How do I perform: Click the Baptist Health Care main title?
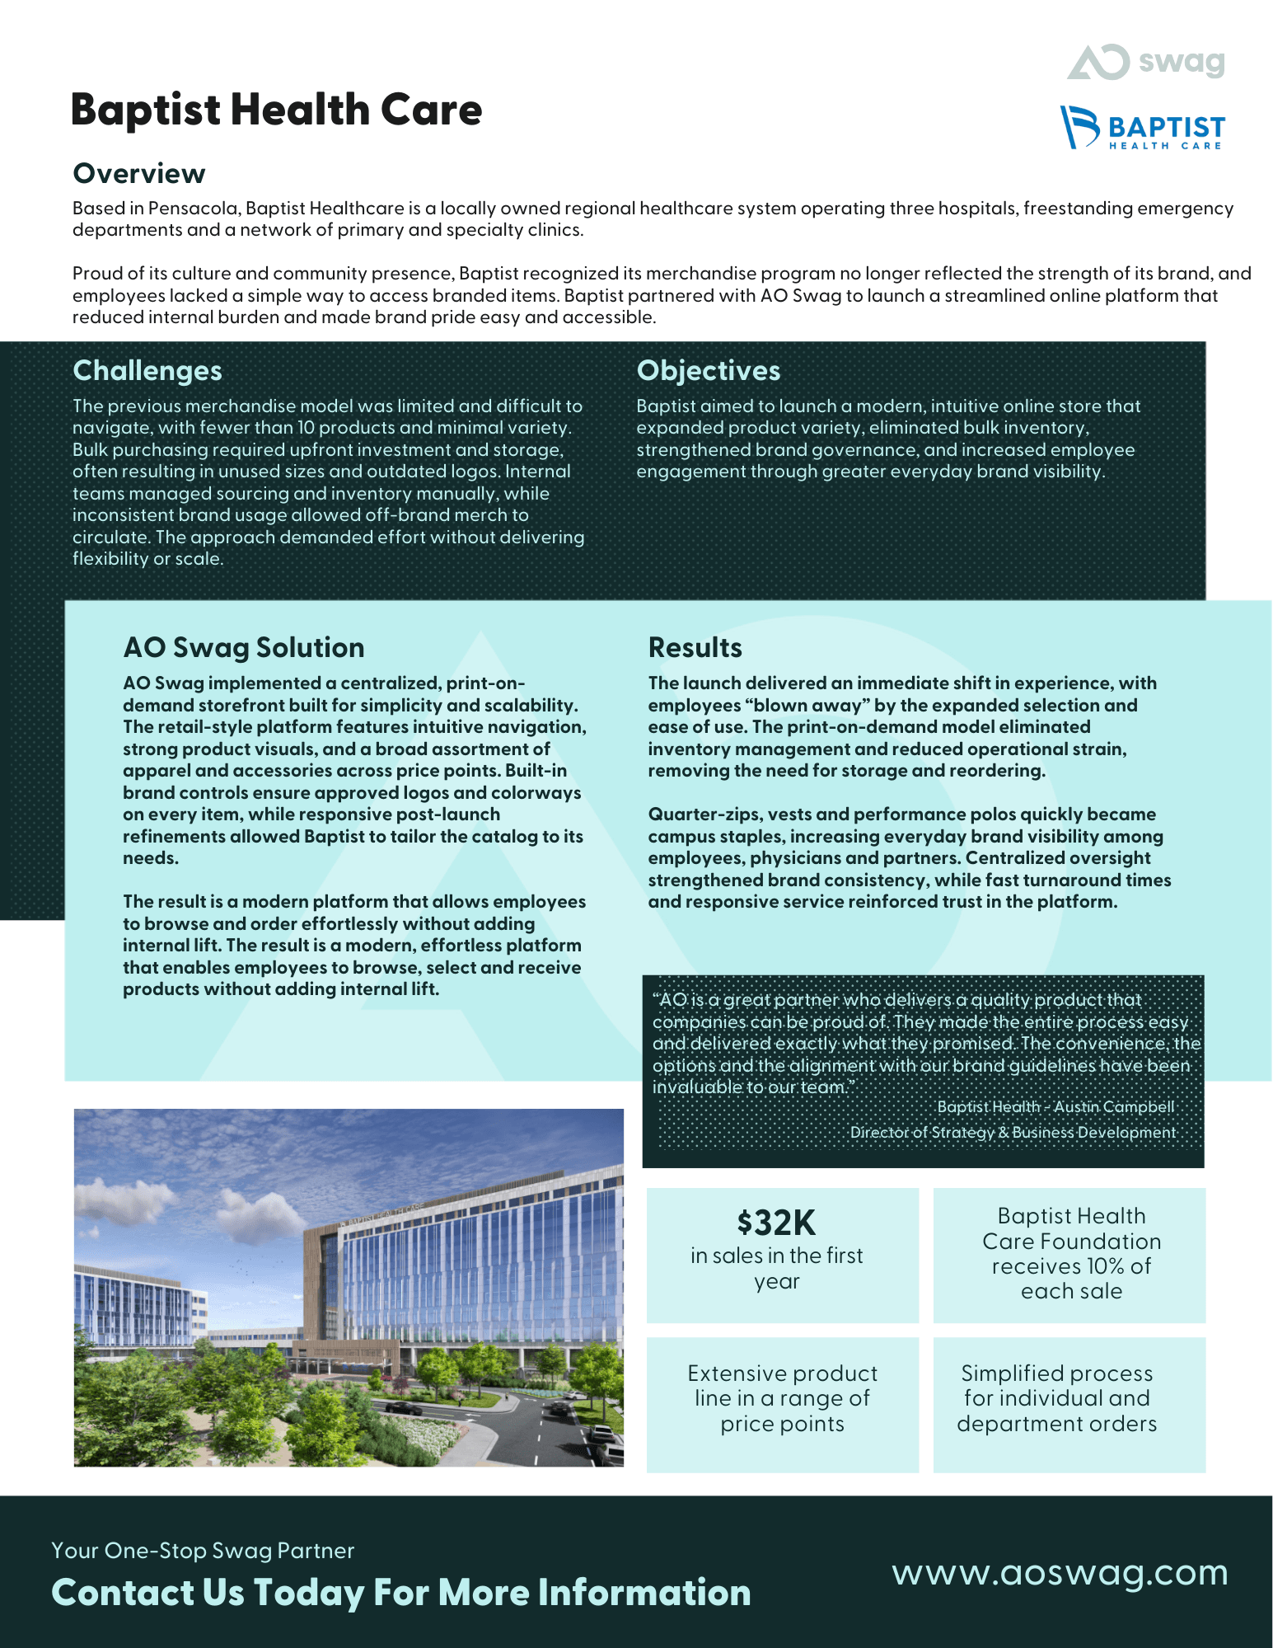(276, 110)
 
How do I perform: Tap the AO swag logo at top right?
(1146, 62)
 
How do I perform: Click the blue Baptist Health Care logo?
(1142, 128)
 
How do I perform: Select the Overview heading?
(139, 174)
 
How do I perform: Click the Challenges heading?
(147, 371)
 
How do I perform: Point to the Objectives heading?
(708, 371)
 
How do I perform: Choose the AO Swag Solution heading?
(243, 648)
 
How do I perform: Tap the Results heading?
(695, 648)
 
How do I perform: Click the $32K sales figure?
(776, 1223)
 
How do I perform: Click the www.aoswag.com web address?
(1060, 1573)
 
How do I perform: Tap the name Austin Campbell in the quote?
(1114, 1107)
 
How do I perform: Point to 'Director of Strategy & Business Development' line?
(1013, 1133)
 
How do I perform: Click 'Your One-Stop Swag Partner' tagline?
(203, 1551)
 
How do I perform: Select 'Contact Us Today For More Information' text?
(400, 1593)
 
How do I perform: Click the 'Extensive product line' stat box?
(782, 1398)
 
